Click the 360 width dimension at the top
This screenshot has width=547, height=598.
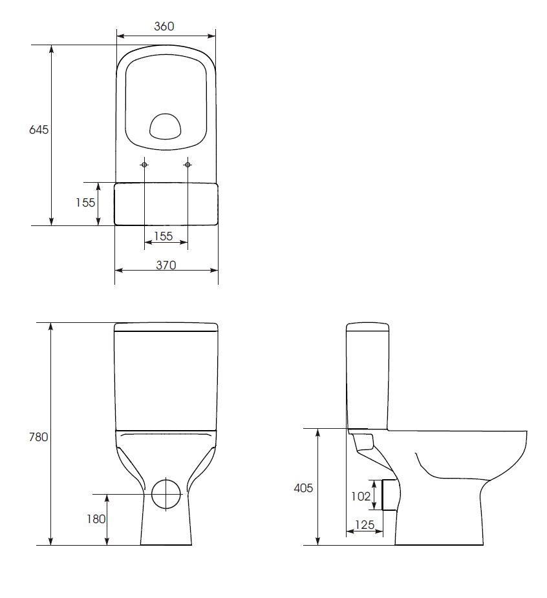tap(165, 26)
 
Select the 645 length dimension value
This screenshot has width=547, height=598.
tap(39, 129)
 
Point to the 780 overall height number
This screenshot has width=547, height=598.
tap(39, 437)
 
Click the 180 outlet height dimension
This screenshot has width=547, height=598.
tap(95, 519)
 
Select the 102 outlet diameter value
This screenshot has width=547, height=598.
tap(361, 496)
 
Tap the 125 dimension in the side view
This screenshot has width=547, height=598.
tap(364, 524)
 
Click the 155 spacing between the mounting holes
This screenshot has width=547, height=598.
tap(165, 236)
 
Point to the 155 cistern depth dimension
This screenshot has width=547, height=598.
tap(85, 202)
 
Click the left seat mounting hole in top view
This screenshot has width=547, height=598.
tap(144, 165)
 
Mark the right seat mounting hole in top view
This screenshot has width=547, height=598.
tap(188, 165)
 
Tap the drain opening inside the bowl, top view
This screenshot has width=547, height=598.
tap(166, 127)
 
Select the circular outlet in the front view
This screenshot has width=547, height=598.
tap(166, 493)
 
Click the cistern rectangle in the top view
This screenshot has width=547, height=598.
tap(166, 203)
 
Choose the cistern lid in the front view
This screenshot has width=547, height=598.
tap(166, 327)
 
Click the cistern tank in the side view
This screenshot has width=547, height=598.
tap(367, 375)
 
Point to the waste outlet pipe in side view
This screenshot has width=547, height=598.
tap(389, 495)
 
